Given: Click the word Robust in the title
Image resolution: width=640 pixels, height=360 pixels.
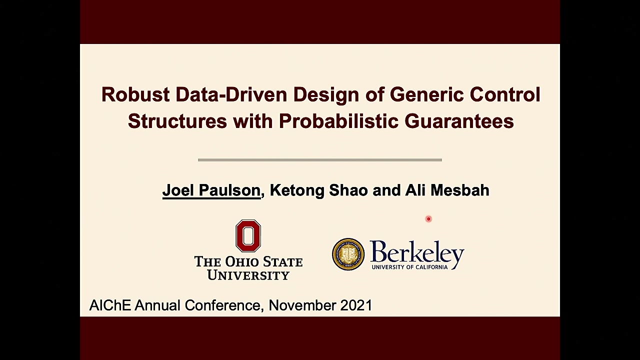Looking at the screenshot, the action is (x=135, y=94).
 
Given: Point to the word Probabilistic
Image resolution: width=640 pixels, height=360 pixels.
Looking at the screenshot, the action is (x=338, y=121).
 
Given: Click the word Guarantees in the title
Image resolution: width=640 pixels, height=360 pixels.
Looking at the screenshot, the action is (x=459, y=121).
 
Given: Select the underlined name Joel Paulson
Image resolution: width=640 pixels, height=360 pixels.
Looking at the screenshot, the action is (x=211, y=190).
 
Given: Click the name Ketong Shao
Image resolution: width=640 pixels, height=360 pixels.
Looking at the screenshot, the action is (x=319, y=191).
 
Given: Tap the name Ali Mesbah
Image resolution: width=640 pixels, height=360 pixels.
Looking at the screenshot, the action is (x=447, y=190).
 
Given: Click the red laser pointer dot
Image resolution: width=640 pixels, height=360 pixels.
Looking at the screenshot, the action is (x=428, y=219).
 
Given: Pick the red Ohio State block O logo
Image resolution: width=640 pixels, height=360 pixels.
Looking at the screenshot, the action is (x=248, y=235).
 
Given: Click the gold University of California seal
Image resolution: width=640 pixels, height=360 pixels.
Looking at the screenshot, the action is (x=348, y=254).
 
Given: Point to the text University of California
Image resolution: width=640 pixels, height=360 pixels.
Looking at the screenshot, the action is (x=409, y=267).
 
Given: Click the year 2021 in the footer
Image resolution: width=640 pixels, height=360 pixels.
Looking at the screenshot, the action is (x=356, y=305).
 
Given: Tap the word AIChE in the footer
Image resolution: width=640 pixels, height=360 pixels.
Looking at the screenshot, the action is (x=110, y=305).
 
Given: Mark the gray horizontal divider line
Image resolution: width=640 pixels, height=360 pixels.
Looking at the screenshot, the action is (x=319, y=160).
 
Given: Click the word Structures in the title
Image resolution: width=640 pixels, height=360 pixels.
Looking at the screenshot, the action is (x=177, y=121).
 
